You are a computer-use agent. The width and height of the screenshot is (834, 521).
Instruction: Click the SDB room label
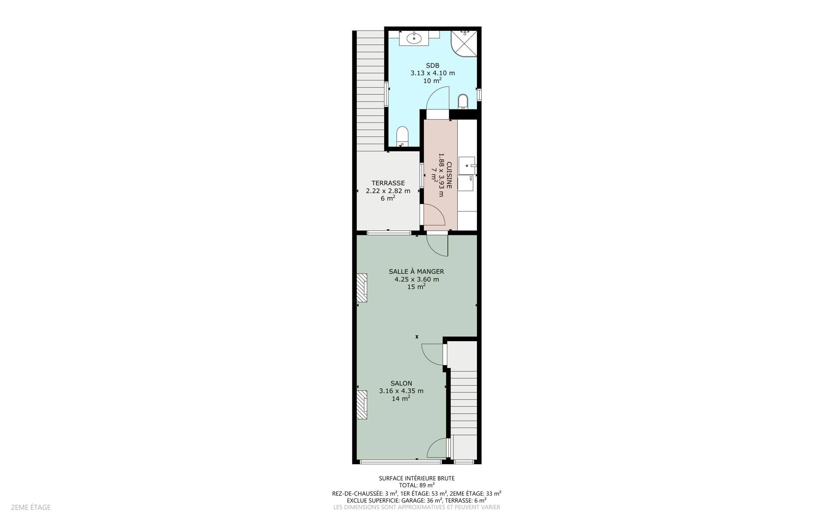[432, 66]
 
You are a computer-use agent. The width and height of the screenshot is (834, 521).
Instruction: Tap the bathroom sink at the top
[414, 38]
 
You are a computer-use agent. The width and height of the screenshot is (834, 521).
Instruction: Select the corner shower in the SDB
[464, 43]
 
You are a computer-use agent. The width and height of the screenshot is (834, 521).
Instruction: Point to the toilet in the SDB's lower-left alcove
[403, 137]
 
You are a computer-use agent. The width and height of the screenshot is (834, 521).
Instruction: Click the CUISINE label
[449, 175]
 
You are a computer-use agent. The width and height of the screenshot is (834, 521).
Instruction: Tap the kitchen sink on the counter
[467, 165]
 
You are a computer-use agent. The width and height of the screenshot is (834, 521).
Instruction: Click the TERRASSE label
[388, 183]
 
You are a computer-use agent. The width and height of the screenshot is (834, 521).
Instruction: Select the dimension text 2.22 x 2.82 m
[388, 191]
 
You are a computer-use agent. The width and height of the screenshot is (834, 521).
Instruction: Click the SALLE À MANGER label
[416, 272]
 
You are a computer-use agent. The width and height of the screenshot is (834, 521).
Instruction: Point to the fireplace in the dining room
[362, 287]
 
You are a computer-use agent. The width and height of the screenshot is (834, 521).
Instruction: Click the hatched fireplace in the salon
[362, 405]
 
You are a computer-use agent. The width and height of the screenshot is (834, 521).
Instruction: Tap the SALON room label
[401, 383]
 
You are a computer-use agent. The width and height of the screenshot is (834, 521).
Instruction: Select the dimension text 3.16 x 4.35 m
[401, 391]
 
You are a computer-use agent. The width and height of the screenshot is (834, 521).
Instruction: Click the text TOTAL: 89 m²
[417, 485]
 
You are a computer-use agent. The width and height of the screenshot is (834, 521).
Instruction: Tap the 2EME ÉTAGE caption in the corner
[31, 507]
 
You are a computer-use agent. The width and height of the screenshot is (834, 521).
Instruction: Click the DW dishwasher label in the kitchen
[471, 178]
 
